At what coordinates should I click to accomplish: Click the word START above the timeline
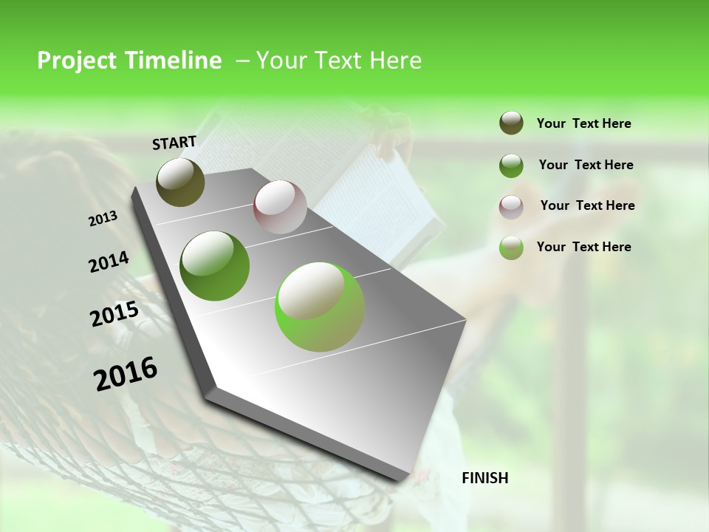[x=174, y=142]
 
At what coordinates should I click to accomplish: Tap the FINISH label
[x=484, y=478]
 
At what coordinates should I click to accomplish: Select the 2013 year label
[x=103, y=219]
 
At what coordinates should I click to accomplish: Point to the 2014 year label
[x=109, y=262]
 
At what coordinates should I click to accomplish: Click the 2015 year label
[x=114, y=314]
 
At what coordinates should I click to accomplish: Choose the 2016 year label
[x=126, y=374]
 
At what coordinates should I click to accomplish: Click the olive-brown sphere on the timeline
[x=180, y=182]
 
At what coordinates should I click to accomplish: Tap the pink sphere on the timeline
[x=280, y=207]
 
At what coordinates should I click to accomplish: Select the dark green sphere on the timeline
[x=214, y=266]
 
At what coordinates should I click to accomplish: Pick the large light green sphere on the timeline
[x=320, y=307]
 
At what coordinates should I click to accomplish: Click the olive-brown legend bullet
[x=511, y=123]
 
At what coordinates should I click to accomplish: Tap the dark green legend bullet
[x=511, y=166]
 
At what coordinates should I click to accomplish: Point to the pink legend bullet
[x=511, y=206]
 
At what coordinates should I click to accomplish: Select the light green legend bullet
[x=511, y=248]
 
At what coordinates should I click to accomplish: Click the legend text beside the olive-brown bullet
[x=583, y=124]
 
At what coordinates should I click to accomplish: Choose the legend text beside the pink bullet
[x=587, y=205]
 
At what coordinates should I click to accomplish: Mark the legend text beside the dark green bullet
[x=586, y=165]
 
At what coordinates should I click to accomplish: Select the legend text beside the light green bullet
[x=583, y=247]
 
